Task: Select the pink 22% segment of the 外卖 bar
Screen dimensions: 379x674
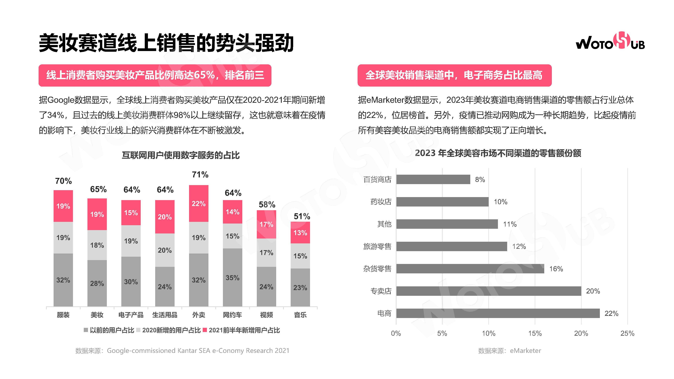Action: (x=199, y=203)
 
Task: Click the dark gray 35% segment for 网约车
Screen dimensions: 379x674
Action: (x=232, y=278)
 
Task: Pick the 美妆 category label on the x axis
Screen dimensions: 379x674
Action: (x=97, y=315)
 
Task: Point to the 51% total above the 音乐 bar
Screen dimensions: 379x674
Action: (x=302, y=216)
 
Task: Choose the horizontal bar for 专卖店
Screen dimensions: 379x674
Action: (x=488, y=291)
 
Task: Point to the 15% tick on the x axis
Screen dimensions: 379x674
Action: (x=535, y=334)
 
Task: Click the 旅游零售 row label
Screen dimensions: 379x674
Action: (x=377, y=246)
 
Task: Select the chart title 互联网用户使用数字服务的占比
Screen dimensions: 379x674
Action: (x=180, y=155)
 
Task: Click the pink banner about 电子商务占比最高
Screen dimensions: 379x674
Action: (x=454, y=75)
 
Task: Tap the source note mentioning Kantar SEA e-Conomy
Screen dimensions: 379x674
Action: (x=182, y=351)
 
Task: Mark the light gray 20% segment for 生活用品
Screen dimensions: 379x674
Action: (x=165, y=250)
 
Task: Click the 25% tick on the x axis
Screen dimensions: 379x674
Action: (x=627, y=334)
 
